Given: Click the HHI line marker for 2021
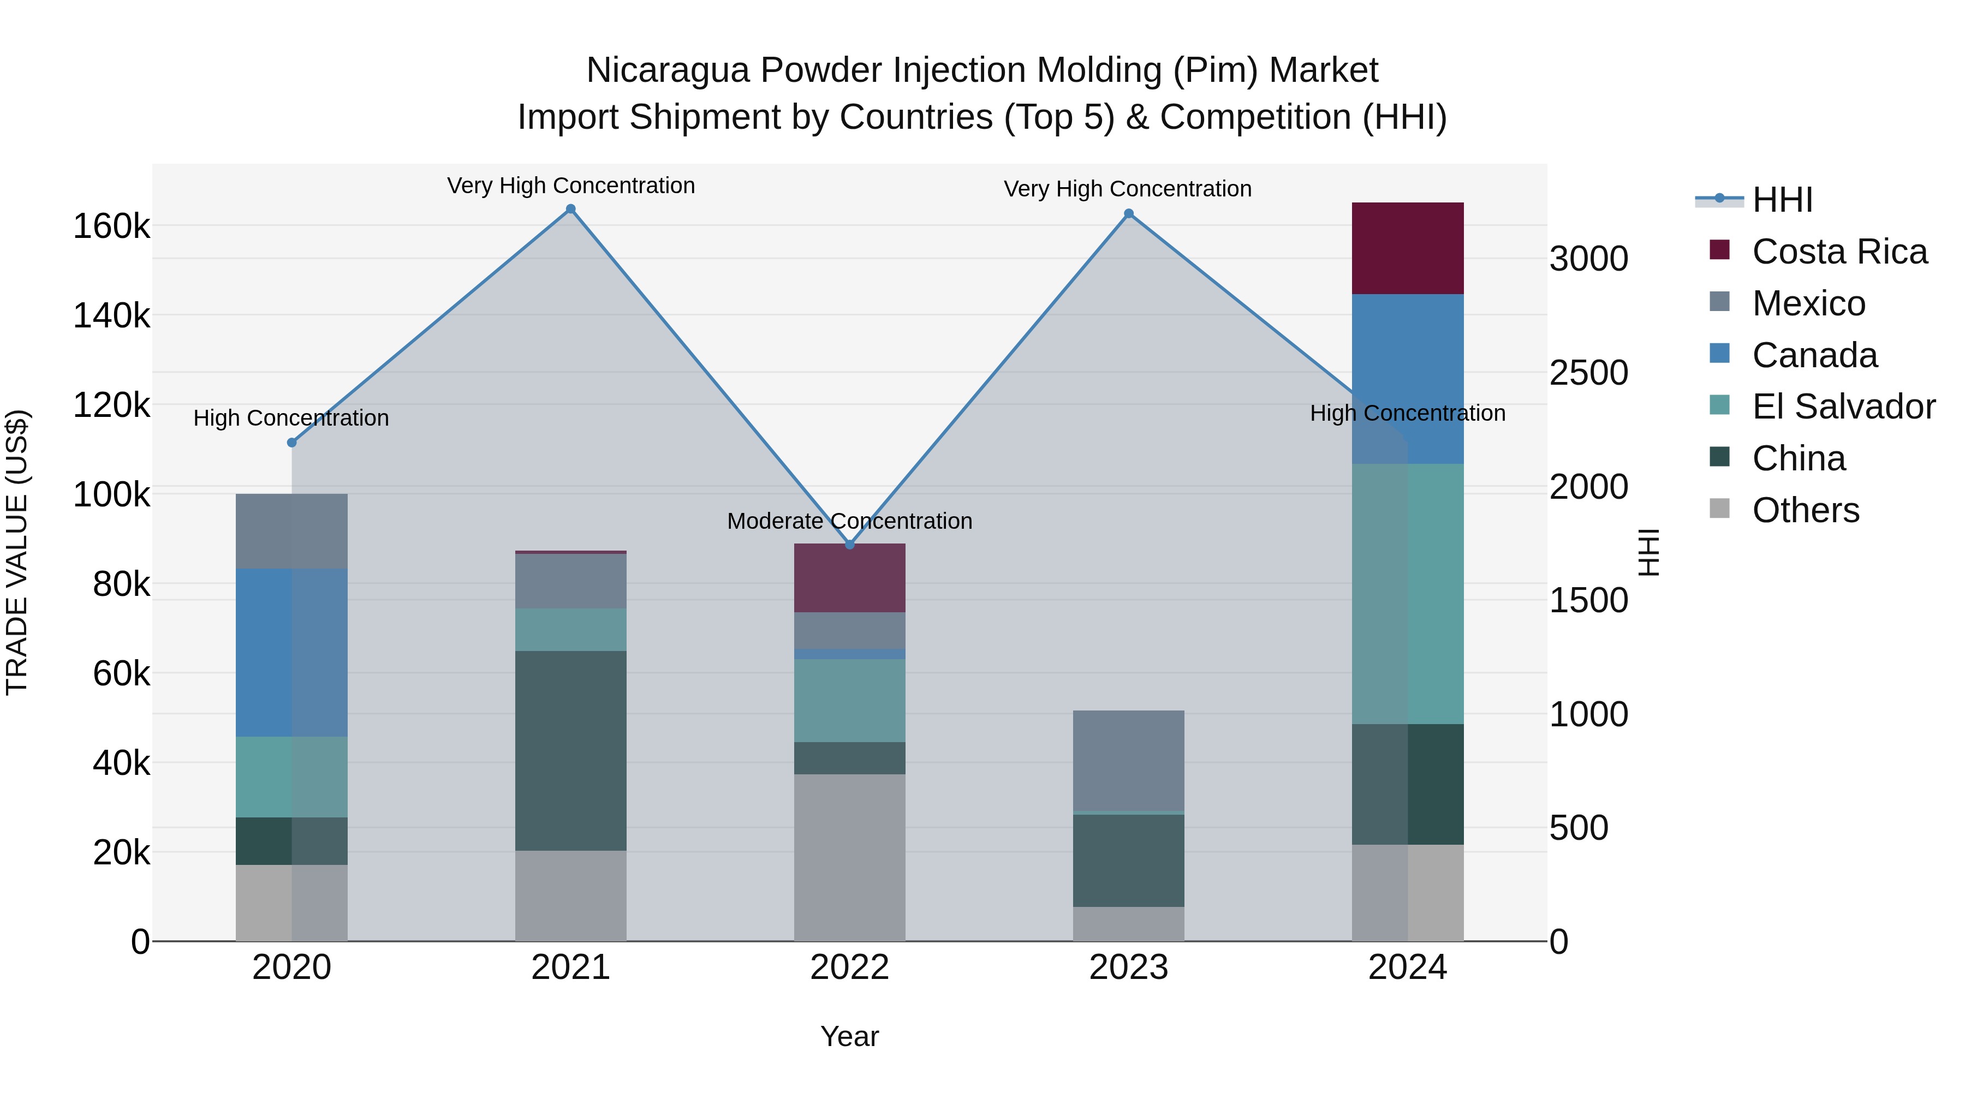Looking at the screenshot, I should (x=570, y=209).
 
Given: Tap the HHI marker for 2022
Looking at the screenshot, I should (x=850, y=545).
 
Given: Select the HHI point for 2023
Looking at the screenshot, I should (x=1129, y=213).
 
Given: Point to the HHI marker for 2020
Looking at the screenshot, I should (x=291, y=443).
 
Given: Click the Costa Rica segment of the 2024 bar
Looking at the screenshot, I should (x=1407, y=248).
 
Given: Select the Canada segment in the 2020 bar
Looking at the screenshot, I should (x=291, y=652).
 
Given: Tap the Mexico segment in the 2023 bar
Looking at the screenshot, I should (x=1129, y=760).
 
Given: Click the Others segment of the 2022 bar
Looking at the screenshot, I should (x=850, y=857).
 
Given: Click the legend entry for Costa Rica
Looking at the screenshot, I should (x=1839, y=252).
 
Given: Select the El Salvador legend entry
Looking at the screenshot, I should (x=1843, y=407).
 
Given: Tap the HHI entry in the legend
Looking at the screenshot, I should (x=1782, y=200).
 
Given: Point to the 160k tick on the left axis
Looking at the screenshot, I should (x=111, y=226).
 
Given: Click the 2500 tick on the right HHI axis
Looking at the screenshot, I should (x=1588, y=373).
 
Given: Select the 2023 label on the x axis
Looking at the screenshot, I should (x=1129, y=967).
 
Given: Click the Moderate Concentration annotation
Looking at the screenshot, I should (x=850, y=521).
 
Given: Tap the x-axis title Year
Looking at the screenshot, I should (x=850, y=1036).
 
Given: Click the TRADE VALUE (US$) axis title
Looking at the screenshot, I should (x=17, y=552).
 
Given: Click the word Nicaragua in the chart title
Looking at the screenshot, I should (x=668, y=70).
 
